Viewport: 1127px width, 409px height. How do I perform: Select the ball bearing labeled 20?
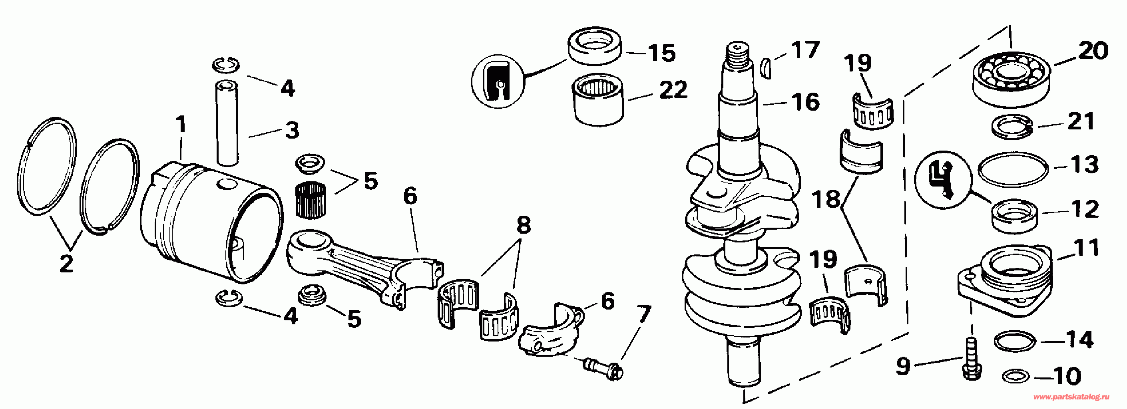click(x=1011, y=79)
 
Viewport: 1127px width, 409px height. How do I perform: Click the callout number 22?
click(x=673, y=90)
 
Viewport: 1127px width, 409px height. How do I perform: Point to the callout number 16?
click(x=805, y=102)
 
